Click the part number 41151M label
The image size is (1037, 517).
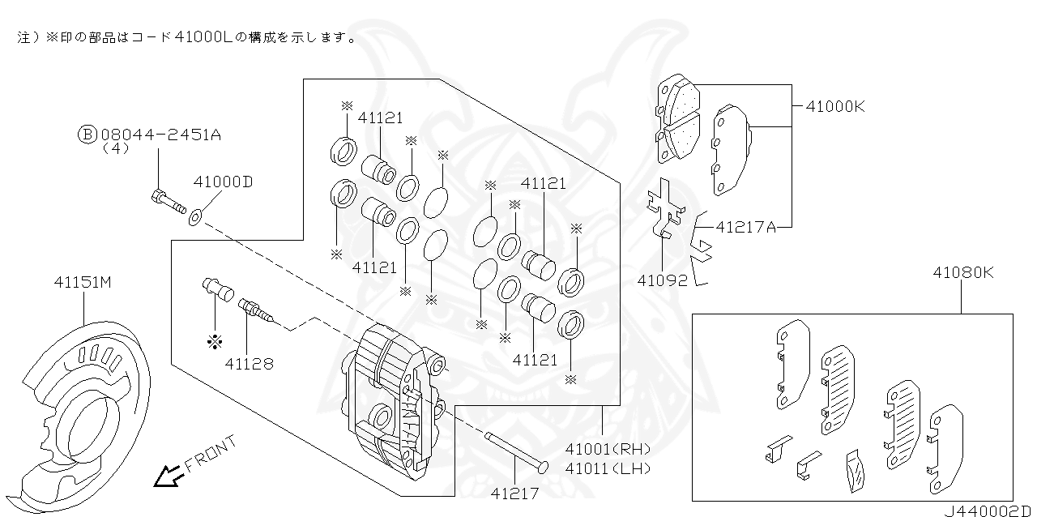82,283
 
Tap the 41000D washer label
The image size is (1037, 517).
223,182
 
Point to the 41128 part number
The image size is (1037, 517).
250,364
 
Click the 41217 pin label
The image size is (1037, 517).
514,491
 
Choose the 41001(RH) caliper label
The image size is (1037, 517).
608,449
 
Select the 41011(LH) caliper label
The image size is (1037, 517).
608,468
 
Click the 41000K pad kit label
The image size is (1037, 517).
835,106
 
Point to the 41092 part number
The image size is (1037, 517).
662,280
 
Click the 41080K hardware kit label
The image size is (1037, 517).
962,273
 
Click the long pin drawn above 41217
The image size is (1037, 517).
516,451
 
